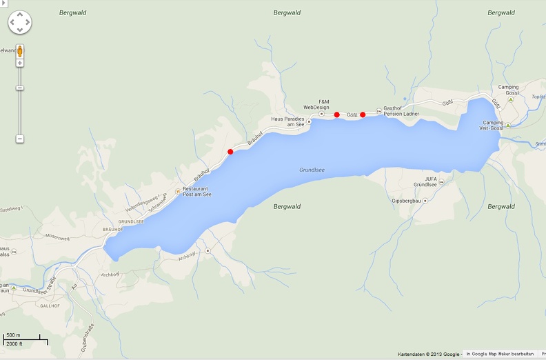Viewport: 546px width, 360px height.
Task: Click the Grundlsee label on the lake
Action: click(312, 170)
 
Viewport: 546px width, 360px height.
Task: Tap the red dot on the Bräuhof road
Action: click(230, 152)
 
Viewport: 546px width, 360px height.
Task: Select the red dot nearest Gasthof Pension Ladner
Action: click(363, 115)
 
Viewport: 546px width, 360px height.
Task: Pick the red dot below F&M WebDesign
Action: click(336, 115)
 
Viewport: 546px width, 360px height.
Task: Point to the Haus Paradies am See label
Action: click(287, 122)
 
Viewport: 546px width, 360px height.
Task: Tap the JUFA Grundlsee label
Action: click(425, 182)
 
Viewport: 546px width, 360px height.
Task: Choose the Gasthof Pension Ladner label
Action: click(401, 111)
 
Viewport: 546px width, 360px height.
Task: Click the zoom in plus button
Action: click(20, 63)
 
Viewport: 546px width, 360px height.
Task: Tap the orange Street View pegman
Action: click(20, 51)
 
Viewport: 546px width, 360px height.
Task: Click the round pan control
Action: click(19, 23)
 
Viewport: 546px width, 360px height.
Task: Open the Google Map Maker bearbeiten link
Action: click(500, 354)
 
